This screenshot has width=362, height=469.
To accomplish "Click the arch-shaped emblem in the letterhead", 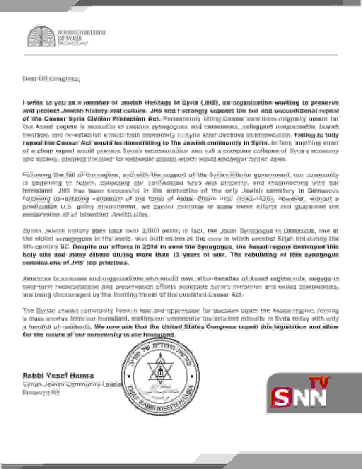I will tap(41, 36).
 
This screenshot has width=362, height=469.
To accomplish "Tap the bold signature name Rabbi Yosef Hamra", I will tap(58, 376).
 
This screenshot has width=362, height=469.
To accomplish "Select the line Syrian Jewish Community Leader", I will tap(72, 384).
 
